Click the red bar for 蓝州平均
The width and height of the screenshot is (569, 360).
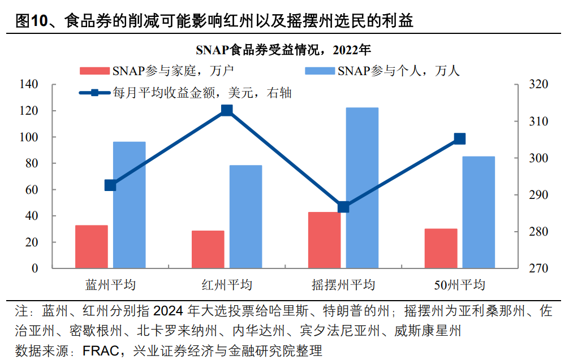pyautogui.click(x=92, y=246)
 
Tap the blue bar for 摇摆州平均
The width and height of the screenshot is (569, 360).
pyautogui.click(x=362, y=188)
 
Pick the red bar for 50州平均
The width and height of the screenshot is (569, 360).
pyautogui.click(x=441, y=248)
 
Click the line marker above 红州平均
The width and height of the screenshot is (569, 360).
pyautogui.click(x=227, y=110)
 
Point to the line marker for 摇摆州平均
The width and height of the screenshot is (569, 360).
pyautogui.click(x=343, y=207)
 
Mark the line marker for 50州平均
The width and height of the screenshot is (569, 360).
pyautogui.click(x=460, y=139)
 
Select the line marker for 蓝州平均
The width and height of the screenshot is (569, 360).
pyautogui.click(x=110, y=185)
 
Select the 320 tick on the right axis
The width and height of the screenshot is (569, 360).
pyautogui.click(x=538, y=85)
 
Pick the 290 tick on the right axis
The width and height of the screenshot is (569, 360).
pyautogui.click(x=538, y=195)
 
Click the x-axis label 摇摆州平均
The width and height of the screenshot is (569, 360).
pyautogui.click(x=343, y=284)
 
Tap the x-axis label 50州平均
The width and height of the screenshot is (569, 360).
pyautogui.click(x=460, y=284)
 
